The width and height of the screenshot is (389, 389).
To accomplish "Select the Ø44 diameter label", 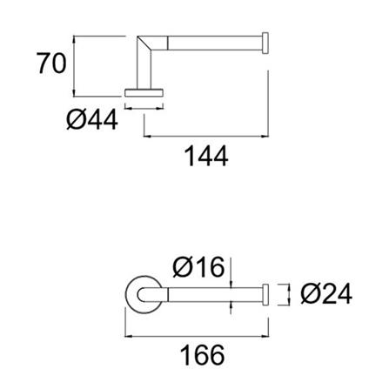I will tap(91, 119).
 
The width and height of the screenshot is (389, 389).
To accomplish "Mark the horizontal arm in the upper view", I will tap(213, 42).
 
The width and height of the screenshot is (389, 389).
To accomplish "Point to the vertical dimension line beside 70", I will tap(76, 64).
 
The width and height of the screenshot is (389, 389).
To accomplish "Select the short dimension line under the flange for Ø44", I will tap(144, 109).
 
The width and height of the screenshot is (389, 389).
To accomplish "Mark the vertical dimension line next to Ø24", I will tap(290, 294).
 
